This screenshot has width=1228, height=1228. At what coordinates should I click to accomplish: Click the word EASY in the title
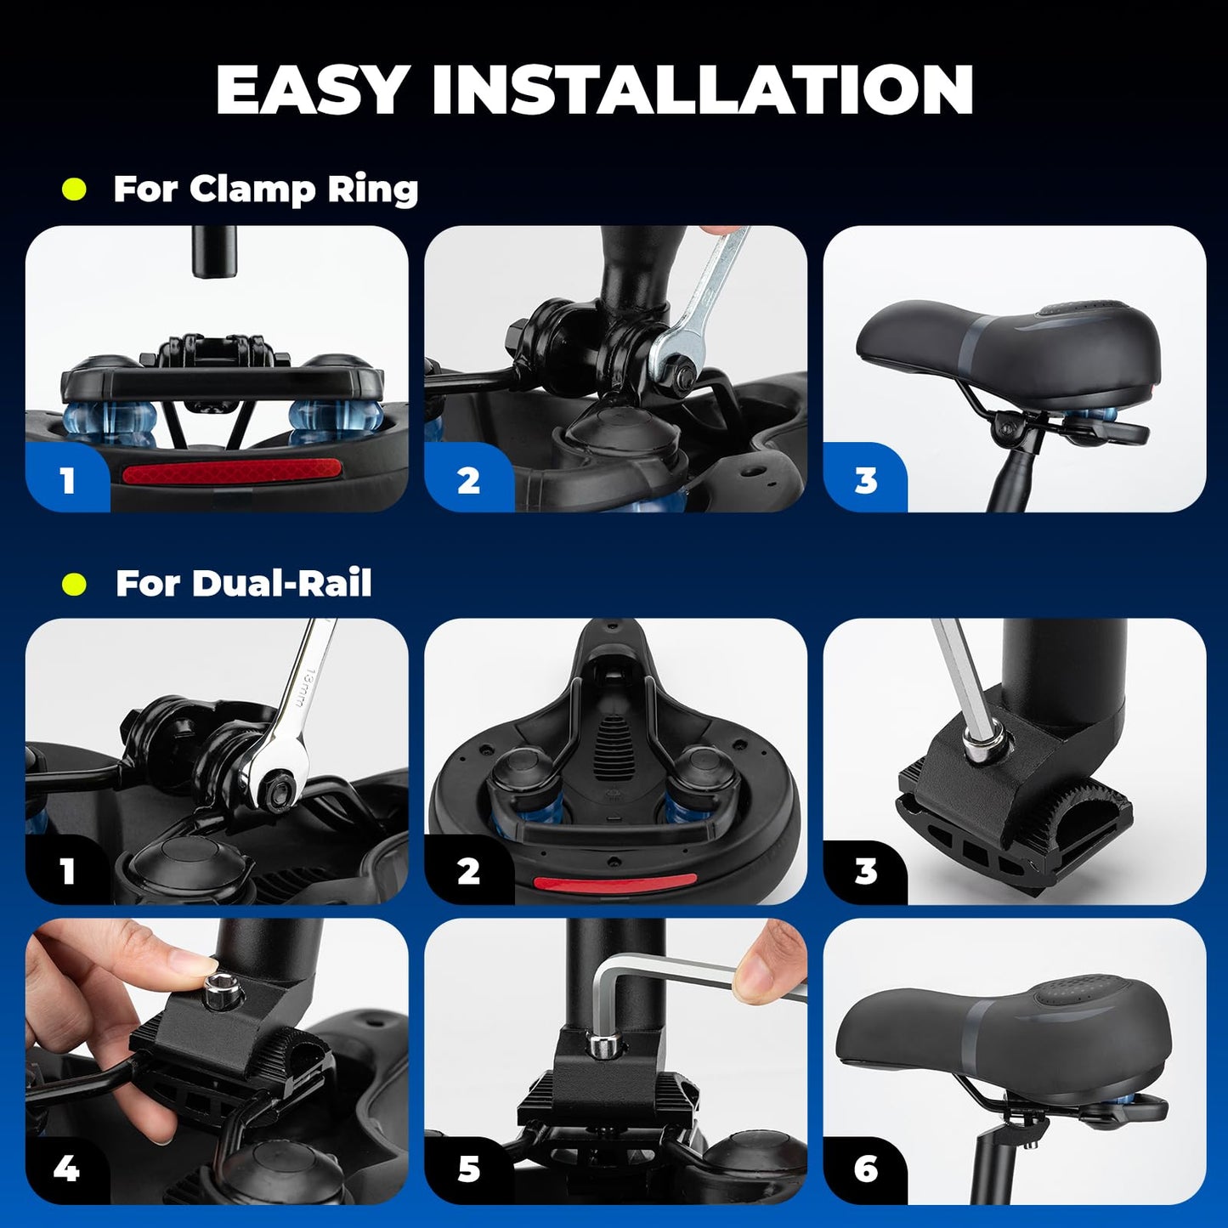pos(311,89)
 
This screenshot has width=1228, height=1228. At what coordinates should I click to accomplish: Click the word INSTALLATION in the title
pos(702,89)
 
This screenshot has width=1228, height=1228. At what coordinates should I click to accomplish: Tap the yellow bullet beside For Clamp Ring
pos(75,190)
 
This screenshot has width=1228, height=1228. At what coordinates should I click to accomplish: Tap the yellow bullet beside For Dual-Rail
pos(75,583)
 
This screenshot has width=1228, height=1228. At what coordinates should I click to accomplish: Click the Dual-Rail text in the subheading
pos(281,583)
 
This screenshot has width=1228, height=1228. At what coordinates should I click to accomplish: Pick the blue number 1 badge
pos(67,478)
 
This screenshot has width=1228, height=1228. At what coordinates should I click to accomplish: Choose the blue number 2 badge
pos(468,478)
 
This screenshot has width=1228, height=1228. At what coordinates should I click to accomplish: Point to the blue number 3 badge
pos(865,478)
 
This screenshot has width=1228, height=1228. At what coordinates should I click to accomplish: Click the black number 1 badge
pos(67,870)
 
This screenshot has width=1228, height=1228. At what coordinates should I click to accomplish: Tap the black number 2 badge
pos(468,870)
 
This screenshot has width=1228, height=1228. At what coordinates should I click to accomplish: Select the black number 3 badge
pos(865,870)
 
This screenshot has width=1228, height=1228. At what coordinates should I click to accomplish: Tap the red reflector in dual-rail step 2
pos(615,882)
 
